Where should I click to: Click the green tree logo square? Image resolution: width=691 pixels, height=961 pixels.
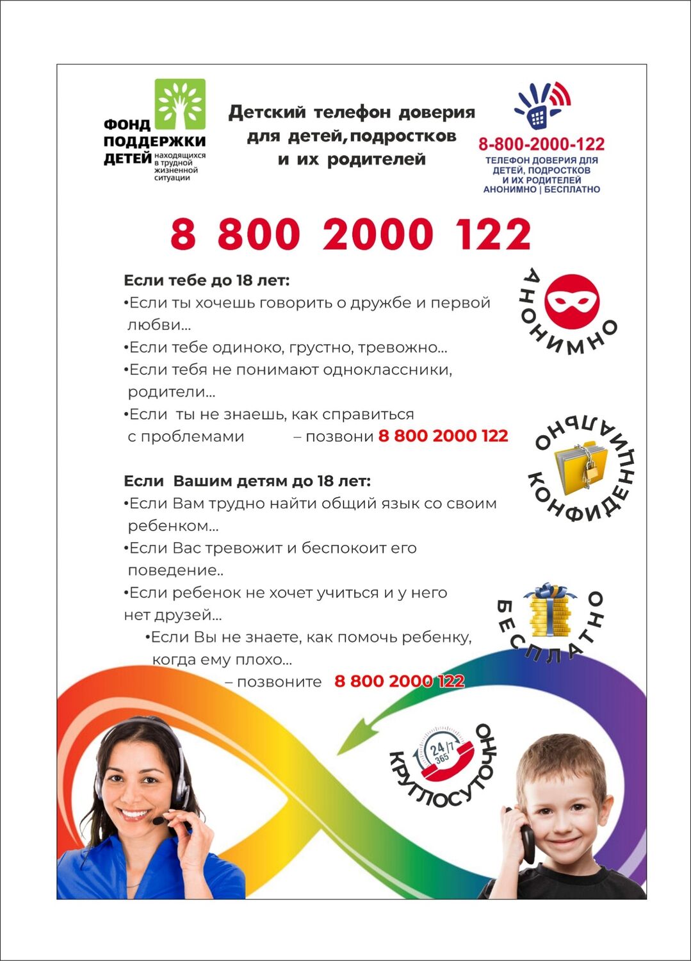(180, 104)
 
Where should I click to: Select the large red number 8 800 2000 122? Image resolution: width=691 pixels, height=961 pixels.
(350, 234)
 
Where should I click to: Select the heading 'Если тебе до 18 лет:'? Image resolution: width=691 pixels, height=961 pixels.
(206, 281)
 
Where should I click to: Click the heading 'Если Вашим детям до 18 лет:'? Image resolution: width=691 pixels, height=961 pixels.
(247, 481)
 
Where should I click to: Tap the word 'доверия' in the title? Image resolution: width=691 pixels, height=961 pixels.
(437, 113)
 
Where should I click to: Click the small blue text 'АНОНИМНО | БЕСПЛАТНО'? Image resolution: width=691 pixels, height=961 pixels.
(541, 190)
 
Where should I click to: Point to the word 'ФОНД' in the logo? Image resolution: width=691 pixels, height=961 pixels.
(127, 124)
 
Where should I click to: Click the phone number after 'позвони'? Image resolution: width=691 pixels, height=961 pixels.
(443, 436)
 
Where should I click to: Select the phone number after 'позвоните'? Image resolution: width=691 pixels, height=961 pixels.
(399, 681)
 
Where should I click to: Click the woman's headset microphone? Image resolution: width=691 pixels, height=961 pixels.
(158, 821)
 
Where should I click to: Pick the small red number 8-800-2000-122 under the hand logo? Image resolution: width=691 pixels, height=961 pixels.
(541, 144)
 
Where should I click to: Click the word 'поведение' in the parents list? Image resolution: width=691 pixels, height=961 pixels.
(170, 570)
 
